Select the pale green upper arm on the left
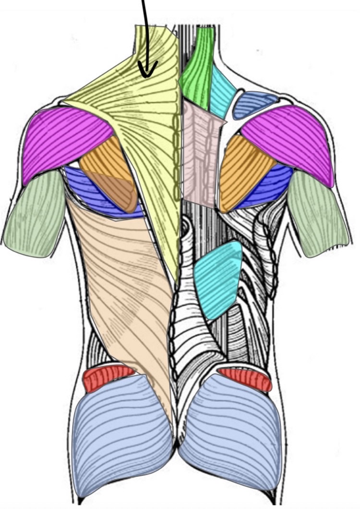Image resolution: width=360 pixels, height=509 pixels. [x=36, y=214]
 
